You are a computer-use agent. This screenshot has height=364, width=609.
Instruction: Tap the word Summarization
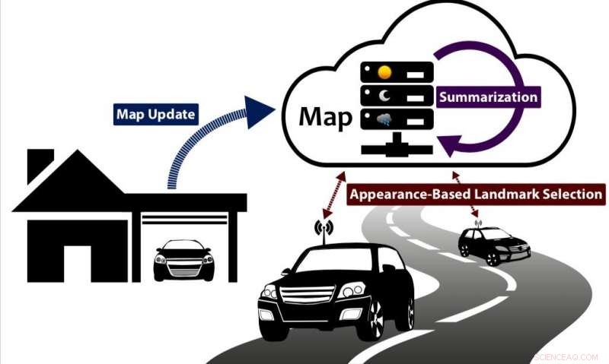pos(487,97)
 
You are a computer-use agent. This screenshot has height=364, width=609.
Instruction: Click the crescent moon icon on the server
pos(384,96)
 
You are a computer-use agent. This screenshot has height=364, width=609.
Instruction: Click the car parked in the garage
pos(183,260)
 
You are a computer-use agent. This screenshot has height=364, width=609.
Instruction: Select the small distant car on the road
pos(493,245)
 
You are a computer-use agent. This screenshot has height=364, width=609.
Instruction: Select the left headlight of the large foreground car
pos(269,292)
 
